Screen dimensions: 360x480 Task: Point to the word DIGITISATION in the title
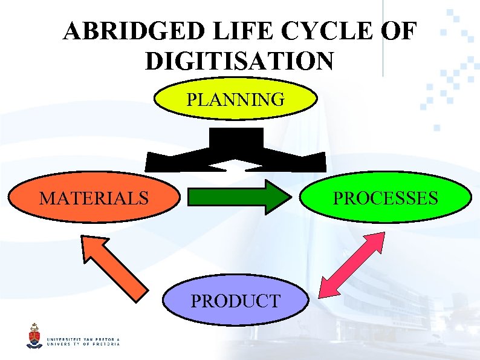[239, 61]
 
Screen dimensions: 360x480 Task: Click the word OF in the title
[399, 31]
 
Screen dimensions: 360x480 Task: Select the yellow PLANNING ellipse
[235, 99]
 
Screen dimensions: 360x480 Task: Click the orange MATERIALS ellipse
[94, 198]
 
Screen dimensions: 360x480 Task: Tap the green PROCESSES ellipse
[386, 198]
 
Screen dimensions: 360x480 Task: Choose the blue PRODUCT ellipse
[235, 301]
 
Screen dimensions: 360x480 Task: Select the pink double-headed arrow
[351, 265]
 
